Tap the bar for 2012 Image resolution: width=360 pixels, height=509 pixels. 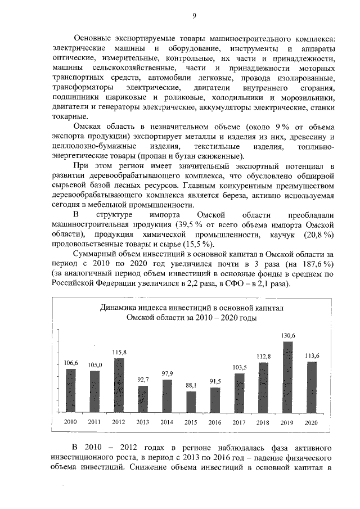(x=119, y=386)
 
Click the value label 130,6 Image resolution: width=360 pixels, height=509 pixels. (x=288, y=336)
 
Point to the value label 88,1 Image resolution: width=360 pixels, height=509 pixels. (x=191, y=386)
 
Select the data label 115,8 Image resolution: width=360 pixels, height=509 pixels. (x=119, y=353)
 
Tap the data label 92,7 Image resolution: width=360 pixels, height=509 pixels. (x=143, y=380)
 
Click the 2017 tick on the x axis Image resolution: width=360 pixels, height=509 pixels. (x=240, y=421)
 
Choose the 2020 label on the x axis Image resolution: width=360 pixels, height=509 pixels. (x=312, y=421)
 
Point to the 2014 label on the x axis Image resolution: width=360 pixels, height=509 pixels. (x=167, y=421)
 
